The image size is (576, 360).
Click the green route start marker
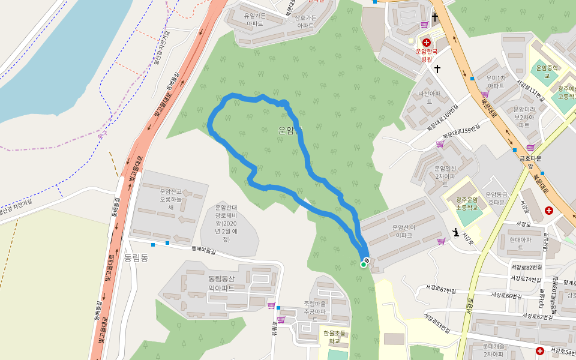pos(364,264)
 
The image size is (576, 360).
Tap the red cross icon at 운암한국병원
pos(427,42)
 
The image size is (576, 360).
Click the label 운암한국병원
pos(427,55)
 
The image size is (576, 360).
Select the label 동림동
pos(136,257)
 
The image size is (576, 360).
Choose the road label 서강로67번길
pos(440,290)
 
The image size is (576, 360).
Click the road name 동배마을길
pos(203,248)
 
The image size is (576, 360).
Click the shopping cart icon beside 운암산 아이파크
pos(442,241)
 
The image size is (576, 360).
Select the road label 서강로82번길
pos(527,266)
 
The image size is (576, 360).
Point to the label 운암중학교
pos(547,71)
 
